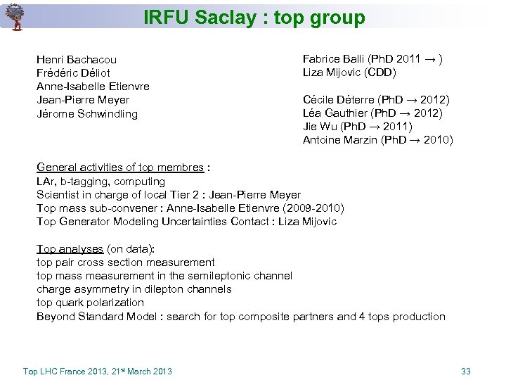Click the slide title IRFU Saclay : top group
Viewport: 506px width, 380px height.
(x=254, y=18)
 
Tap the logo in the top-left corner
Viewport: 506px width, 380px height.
(x=14, y=16)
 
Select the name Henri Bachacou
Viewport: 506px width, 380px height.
(x=77, y=60)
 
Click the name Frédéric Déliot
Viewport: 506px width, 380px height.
(x=73, y=73)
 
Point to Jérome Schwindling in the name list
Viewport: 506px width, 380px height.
(x=87, y=114)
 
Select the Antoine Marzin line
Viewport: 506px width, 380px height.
(x=377, y=140)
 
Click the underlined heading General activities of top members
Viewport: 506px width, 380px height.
(x=120, y=167)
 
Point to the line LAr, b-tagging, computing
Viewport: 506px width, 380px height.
(x=100, y=182)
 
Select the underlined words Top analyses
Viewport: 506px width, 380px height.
(x=70, y=249)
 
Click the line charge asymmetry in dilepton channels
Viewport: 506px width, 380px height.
(x=134, y=289)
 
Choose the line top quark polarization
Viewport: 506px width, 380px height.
(x=90, y=303)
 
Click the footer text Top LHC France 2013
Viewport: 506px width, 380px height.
(x=65, y=371)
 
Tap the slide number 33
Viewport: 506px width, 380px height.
(x=466, y=371)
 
